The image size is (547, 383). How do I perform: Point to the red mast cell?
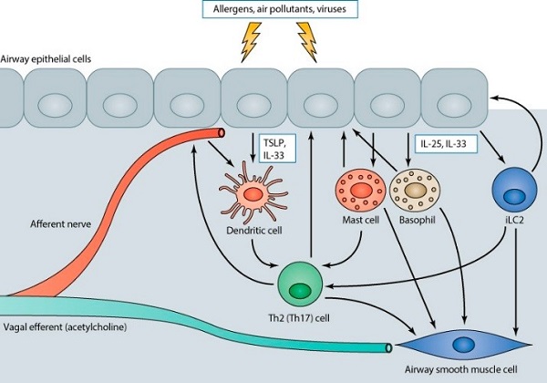click(x=359, y=192)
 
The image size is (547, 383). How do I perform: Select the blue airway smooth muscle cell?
click(x=466, y=343)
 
